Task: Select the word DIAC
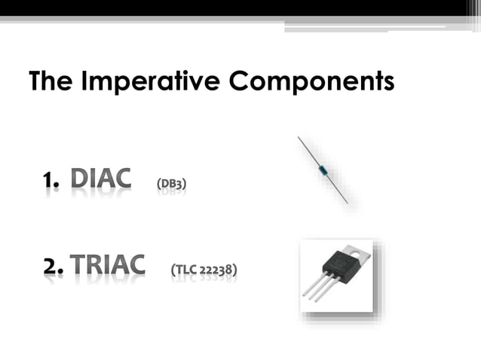coord(100,180)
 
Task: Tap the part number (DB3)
coord(171,183)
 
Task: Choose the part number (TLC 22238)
coord(204,268)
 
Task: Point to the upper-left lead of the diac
coord(308,150)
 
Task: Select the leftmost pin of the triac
coord(312,287)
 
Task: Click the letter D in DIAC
coord(81,180)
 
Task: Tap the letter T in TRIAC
coord(79,265)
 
